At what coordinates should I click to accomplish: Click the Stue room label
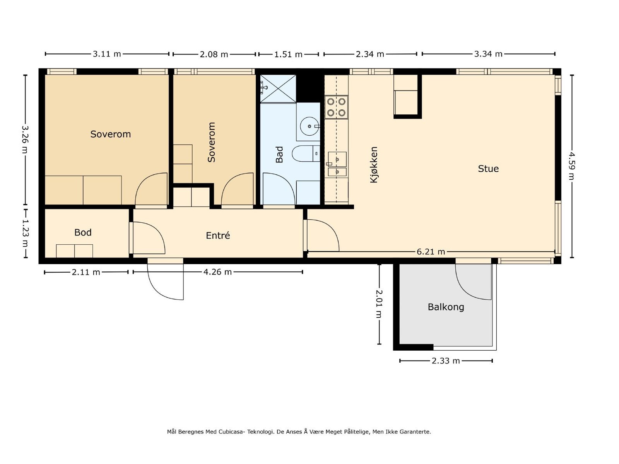point(488,169)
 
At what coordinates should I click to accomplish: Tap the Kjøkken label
point(374,165)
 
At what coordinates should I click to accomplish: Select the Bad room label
point(279,154)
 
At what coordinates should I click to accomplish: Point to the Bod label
point(83,232)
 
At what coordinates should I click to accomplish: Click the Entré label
point(218,235)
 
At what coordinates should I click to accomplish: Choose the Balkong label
point(446,307)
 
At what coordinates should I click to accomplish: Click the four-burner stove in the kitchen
point(336,107)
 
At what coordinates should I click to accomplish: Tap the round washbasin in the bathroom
point(309,126)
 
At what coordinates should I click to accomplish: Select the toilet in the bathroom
point(306,154)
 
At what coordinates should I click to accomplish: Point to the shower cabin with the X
point(278,89)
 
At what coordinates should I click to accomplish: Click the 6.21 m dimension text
point(431,252)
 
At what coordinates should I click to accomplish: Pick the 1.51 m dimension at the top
point(288,54)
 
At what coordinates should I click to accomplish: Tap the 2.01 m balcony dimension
point(379,304)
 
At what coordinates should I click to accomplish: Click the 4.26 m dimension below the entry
point(217,272)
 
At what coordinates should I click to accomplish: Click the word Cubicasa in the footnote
point(232,432)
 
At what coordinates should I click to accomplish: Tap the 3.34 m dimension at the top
point(488,54)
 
